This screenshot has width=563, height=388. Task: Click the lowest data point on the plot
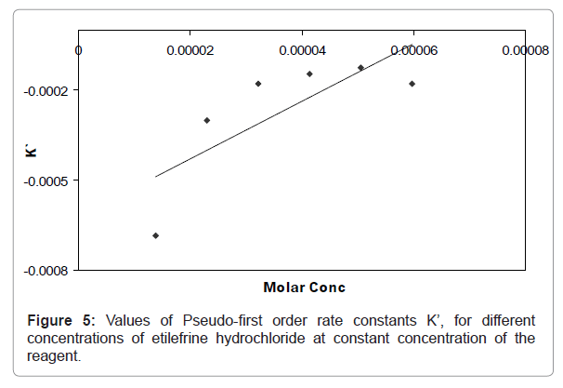tap(155, 235)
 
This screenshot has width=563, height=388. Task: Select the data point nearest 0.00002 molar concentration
tap(206, 120)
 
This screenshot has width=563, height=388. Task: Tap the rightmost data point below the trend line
tap(412, 84)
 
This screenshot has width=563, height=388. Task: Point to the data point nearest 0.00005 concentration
tap(360, 68)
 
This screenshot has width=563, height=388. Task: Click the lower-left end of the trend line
tap(155, 177)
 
